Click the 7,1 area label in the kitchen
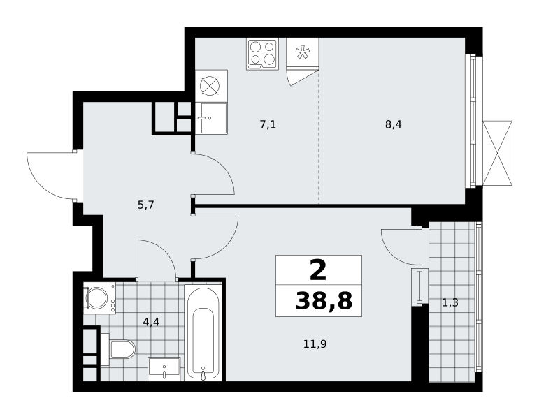coord(268,124)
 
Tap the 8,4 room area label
coord(394,124)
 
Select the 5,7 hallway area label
coord(145,205)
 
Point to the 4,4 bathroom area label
coord(151,322)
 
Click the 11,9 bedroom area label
coord(315,344)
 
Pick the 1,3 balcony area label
coord(450,302)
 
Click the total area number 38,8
coord(324,301)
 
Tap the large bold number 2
coord(318,270)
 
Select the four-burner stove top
coord(262,54)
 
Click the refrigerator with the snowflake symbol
coord(303,54)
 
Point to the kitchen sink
coord(211,118)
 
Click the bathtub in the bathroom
coord(203,332)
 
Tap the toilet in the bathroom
coord(118,349)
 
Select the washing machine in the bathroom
coord(100,297)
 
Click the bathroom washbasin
coord(164,369)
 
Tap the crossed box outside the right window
coord(498,153)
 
